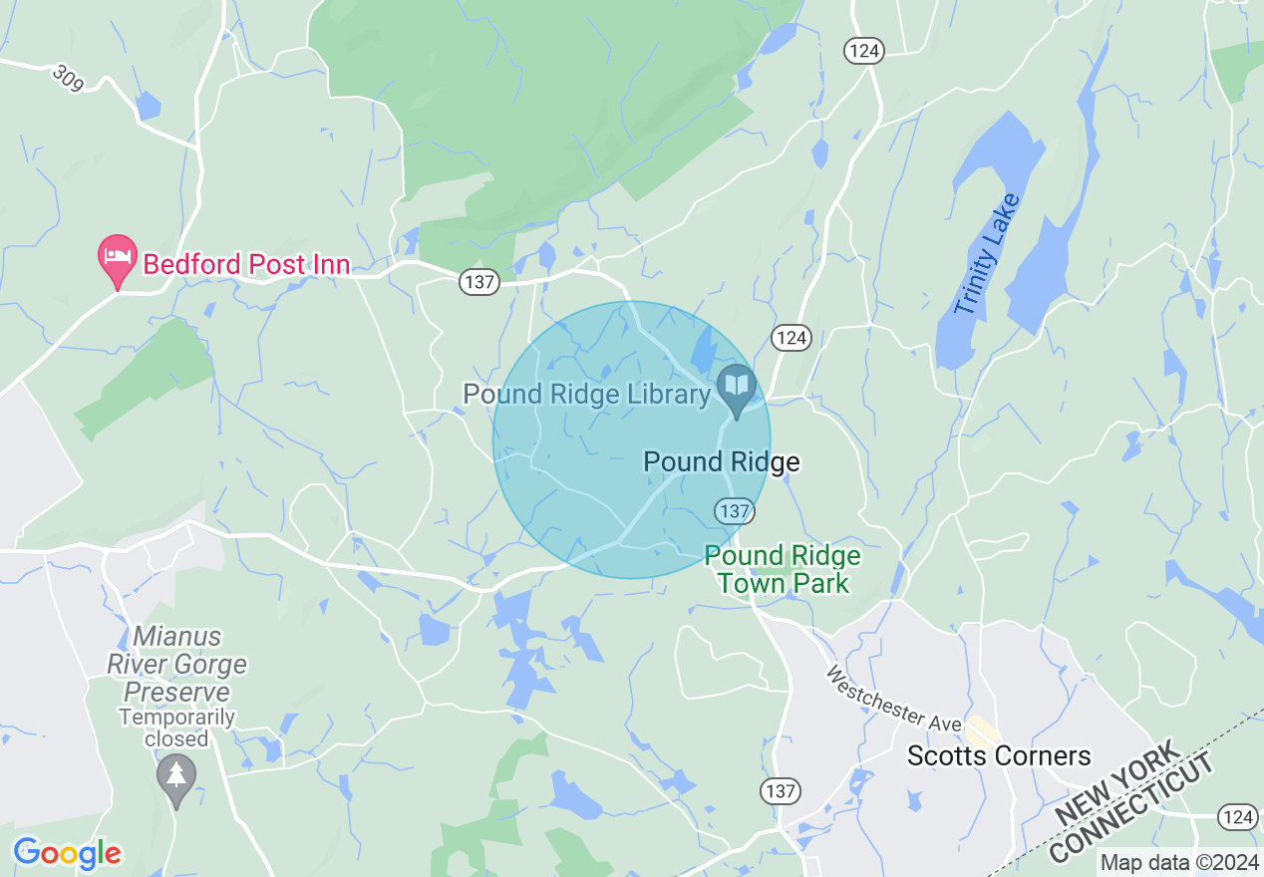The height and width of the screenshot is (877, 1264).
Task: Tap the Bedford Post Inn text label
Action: coord(246,264)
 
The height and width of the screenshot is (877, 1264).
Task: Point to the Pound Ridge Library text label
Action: coord(586,395)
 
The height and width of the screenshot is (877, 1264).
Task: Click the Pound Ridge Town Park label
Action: coord(783,569)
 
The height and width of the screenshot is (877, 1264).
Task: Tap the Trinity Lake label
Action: coord(987,255)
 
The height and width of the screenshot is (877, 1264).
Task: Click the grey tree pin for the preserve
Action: coord(176,778)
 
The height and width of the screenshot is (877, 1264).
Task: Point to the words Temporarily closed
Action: coord(176,728)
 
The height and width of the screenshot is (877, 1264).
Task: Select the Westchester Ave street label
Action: coord(892,697)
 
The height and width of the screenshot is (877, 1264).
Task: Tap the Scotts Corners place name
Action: coord(999,756)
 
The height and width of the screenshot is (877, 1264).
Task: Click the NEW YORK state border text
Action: coord(1116,783)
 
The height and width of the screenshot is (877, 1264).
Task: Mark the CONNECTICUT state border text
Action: coord(1134,809)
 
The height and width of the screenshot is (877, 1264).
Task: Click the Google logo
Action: coord(68,853)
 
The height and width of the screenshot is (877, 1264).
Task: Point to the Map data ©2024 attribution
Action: coord(1179,862)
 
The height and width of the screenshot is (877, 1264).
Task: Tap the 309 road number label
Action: coord(68,76)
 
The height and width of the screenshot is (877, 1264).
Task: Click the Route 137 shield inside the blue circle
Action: coord(733,511)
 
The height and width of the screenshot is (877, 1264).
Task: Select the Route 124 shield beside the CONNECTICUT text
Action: coord(1236,817)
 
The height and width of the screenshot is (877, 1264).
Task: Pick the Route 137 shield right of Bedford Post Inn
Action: coord(479,282)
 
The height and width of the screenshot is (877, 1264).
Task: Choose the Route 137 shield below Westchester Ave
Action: coord(780,791)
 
